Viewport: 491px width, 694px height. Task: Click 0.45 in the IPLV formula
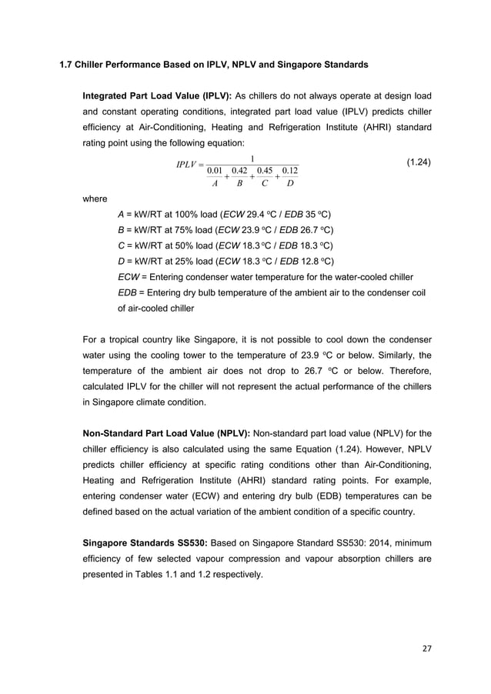pyautogui.click(x=265, y=170)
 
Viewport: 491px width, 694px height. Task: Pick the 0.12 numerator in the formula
pyautogui.click(x=290, y=170)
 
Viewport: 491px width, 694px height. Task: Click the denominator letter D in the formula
pyautogui.click(x=290, y=184)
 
